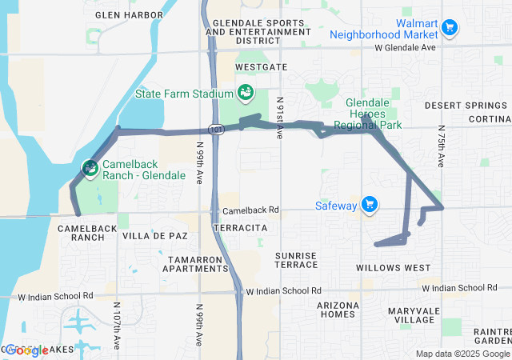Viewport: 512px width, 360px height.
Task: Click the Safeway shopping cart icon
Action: point(369,206)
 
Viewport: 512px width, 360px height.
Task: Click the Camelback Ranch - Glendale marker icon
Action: point(90,169)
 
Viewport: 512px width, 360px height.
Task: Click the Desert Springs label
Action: point(455,105)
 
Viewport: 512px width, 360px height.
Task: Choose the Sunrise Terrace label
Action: point(297,260)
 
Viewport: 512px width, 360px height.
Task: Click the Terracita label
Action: point(240,228)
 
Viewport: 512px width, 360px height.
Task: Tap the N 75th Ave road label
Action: point(441,146)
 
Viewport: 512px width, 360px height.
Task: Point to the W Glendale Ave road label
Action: point(405,48)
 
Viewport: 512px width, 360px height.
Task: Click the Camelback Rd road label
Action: point(250,210)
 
